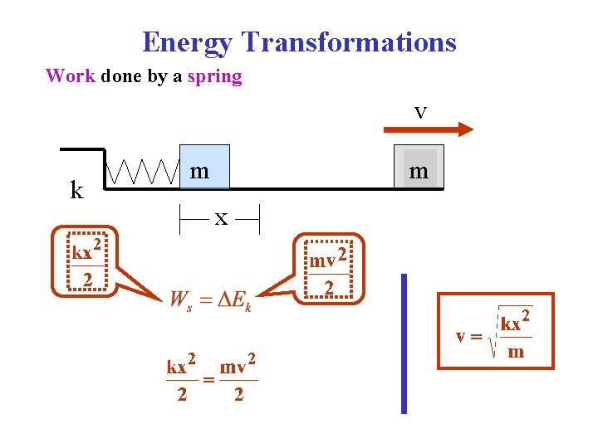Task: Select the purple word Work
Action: pyautogui.click(x=71, y=76)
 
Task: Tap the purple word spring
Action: pyautogui.click(x=214, y=77)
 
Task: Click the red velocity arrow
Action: pyautogui.click(x=429, y=129)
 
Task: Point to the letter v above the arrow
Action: pyautogui.click(x=420, y=111)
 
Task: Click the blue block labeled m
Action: pyautogui.click(x=204, y=168)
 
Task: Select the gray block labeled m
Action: pyautogui.click(x=419, y=168)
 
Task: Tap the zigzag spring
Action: pyautogui.click(x=145, y=172)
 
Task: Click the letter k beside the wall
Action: pyautogui.click(x=76, y=191)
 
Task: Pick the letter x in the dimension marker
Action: pyautogui.click(x=221, y=219)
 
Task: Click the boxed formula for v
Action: pyautogui.click(x=496, y=330)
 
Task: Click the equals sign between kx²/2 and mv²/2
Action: pyautogui.click(x=209, y=378)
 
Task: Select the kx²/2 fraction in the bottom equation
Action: pyautogui.click(x=182, y=378)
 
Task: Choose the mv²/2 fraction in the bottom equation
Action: pyautogui.click(x=238, y=378)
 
